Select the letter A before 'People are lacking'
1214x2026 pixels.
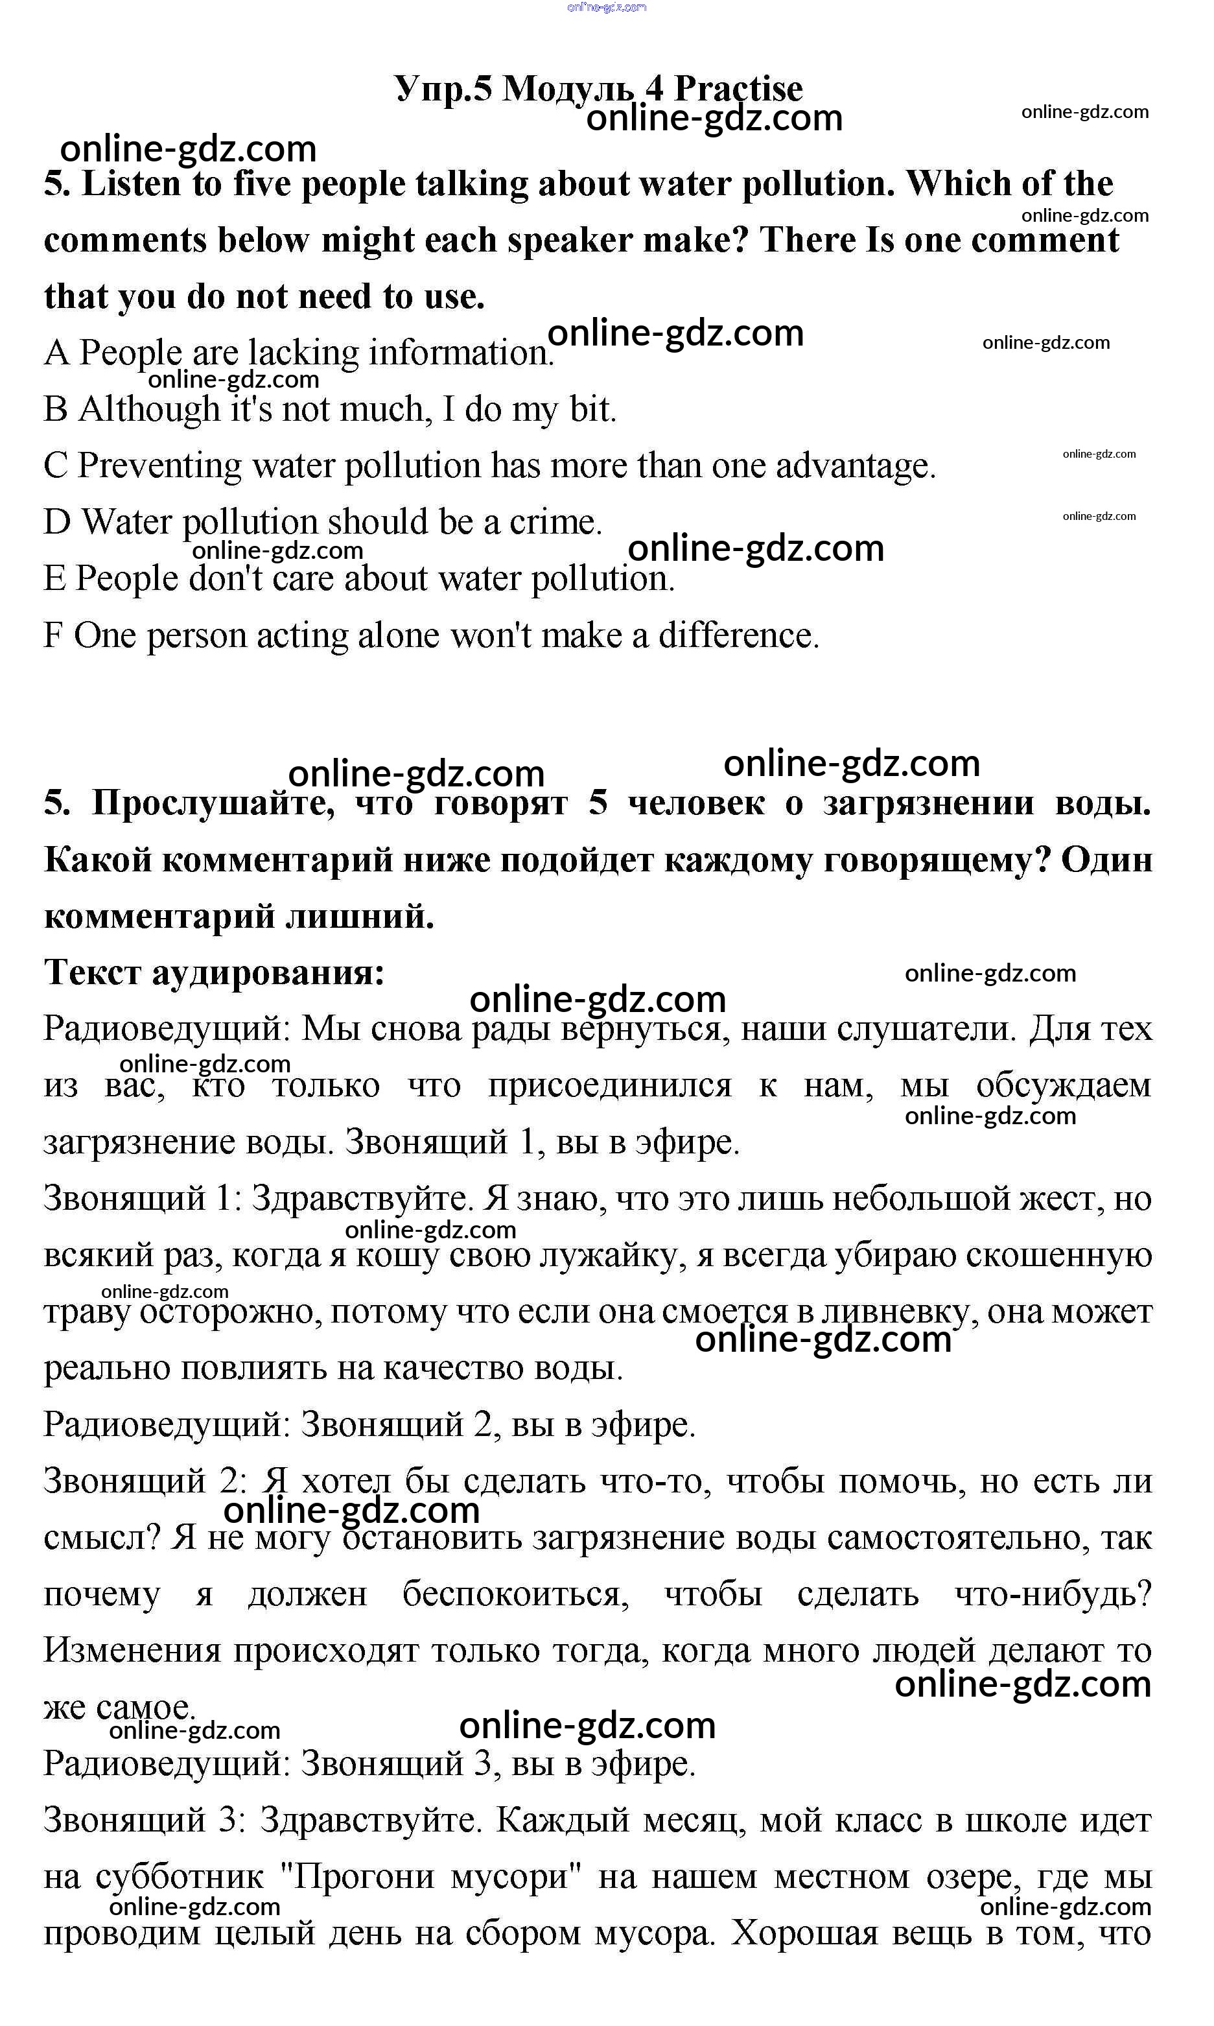[56, 353]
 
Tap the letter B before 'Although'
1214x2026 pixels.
[55, 409]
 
